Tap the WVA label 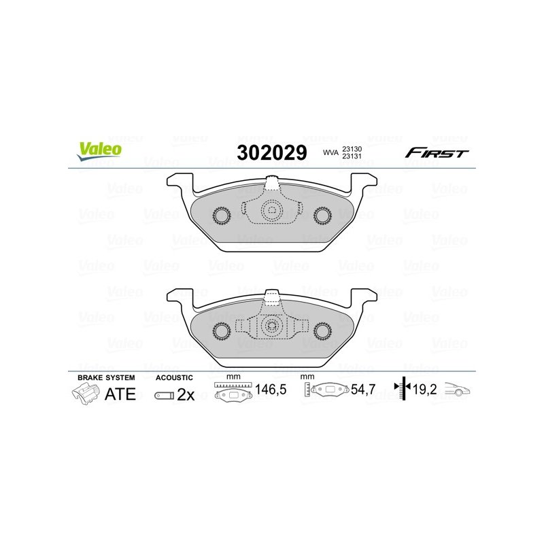pos(330,154)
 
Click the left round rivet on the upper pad pos(222,216)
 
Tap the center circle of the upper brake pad pos(271,211)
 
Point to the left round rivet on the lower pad pos(222,330)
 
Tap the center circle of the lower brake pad pos(271,325)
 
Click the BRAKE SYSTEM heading pos(106,377)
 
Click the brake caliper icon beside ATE pos(86,394)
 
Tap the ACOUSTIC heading pos(175,377)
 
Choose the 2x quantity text pos(186,394)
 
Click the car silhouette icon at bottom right pos(458,390)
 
